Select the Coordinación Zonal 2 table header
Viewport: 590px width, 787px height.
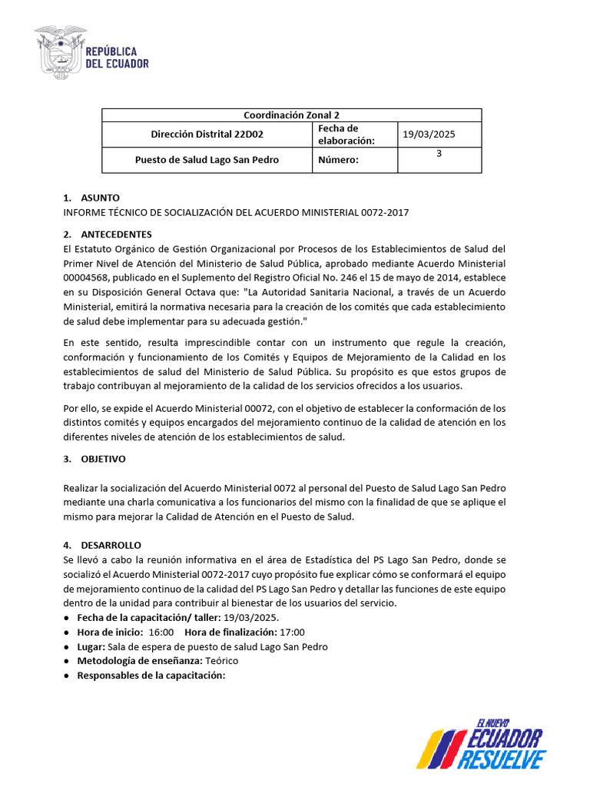tap(292, 115)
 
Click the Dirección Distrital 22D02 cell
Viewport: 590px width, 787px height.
tap(207, 134)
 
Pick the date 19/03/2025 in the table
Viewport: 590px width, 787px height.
tap(429, 134)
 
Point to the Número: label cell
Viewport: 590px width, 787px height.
tap(338, 160)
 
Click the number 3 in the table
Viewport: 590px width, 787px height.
tap(439, 154)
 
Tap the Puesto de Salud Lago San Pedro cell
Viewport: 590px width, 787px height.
tap(207, 160)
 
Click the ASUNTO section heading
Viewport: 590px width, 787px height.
tap(100, 198)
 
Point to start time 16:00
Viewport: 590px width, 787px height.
tap(161, 632)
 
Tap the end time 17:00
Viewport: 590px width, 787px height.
tap(293, 632)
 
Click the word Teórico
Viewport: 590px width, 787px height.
tap(220, 661)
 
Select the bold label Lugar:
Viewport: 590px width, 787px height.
tap(91, 646)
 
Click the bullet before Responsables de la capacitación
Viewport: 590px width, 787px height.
tap(68, 676)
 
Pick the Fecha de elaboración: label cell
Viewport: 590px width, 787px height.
tap(346, 134)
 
